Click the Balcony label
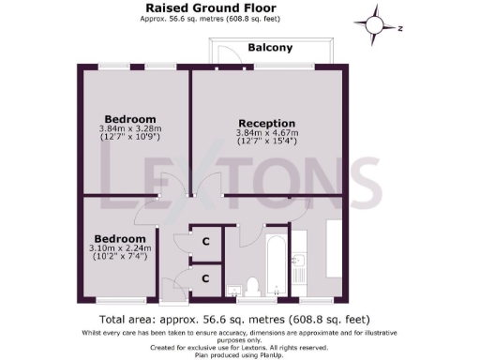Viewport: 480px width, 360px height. coord(270,48)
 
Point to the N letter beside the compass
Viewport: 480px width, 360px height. coord(399,29)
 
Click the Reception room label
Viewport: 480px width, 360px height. coord(267,124)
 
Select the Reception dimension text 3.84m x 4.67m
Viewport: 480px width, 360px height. coord(267,133)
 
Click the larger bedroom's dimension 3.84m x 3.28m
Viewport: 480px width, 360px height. coord(130,128)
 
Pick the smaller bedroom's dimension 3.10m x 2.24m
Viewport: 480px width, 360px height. coord(118,247)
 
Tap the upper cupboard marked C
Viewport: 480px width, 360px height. coord(205,242)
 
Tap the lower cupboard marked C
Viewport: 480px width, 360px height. coord(205,278)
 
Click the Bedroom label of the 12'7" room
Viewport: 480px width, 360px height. coord(130,119)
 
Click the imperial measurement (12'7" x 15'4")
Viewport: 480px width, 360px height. coord(267,142)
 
